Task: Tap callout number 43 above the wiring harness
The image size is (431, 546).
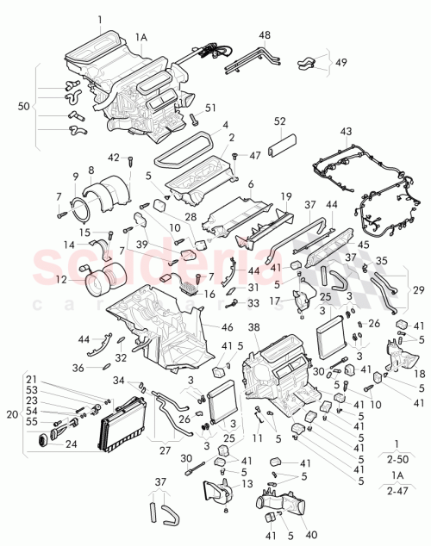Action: coord(347,132)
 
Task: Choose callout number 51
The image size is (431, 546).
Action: coord(208,108)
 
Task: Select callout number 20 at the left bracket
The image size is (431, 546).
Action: coord(10,413)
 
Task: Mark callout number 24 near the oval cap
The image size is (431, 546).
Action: coord(70,444)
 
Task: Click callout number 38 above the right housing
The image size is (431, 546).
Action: coord(253,328)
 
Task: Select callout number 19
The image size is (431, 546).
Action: coord(286,195)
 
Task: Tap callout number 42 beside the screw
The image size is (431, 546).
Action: coord(114,157)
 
